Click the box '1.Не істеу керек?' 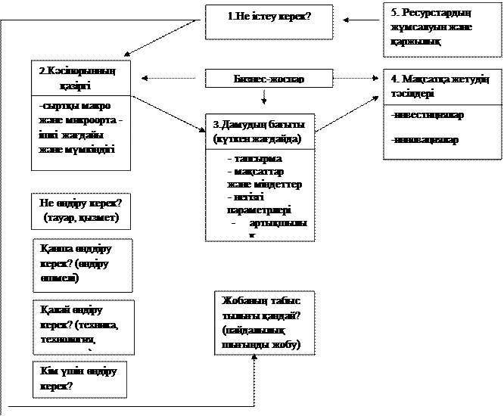pos(269,22)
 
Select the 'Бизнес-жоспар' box pos(269,79)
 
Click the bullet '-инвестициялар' pos(428,116)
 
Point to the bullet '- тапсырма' pos(255,160)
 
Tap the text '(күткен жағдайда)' pos(257,140)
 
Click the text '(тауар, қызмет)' pos(82,219)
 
